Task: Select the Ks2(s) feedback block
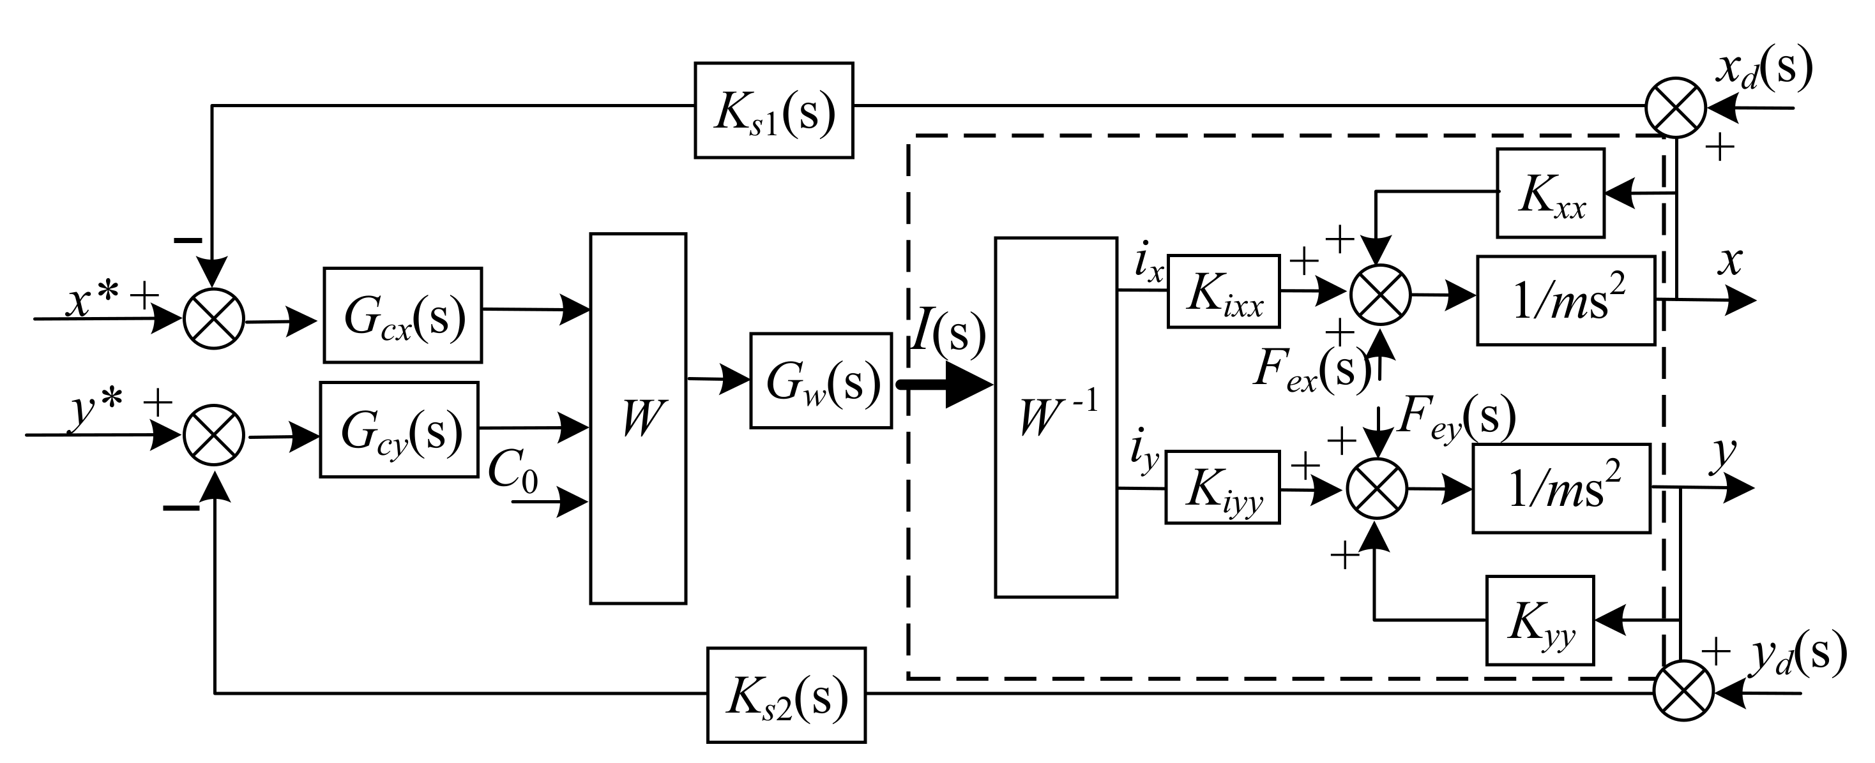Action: point(786,695)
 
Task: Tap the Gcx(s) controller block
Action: point(402,315)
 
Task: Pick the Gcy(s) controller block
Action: point(399,429)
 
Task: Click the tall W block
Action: point(637,419)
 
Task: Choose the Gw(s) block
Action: point(821,380)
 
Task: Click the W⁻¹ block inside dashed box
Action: point(1056,417)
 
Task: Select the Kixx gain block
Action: point(1223,291)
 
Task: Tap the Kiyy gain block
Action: point(1222,487)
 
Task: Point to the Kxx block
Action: point(1551,193)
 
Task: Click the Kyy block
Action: point(1540,621)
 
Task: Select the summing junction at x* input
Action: point(213,318)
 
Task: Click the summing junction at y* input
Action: point(213,435)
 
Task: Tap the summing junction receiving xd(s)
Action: point(1676,107)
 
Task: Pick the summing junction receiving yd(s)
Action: point(1683,691)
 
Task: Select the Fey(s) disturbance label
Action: point(1456,419)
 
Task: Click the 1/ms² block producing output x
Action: point(1565,300)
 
